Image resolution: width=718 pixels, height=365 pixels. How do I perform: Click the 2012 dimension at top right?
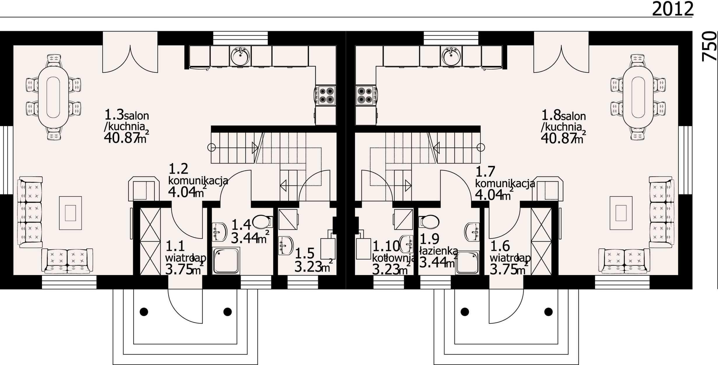(x=672, y=9)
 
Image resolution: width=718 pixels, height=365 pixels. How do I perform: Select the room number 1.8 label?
(x=551, y=115)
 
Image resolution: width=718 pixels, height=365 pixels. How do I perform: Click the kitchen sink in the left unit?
(x=240, y=56)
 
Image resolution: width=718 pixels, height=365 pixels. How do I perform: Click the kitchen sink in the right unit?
(x=451, y=56)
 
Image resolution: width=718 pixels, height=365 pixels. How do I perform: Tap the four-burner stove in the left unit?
(x=325, y=95)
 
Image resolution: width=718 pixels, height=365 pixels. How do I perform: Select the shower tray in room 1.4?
(x=226, y=261)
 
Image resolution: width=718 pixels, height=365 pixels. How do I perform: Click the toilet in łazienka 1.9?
(x=429, y=222)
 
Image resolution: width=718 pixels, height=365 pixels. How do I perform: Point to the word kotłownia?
(x=394, y=258)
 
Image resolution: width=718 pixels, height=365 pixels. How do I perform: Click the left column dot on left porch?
(x=144, y=312)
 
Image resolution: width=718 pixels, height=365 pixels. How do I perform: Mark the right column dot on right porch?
(x=548, y=312)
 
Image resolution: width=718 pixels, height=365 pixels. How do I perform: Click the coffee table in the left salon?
(x=71, y=213)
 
